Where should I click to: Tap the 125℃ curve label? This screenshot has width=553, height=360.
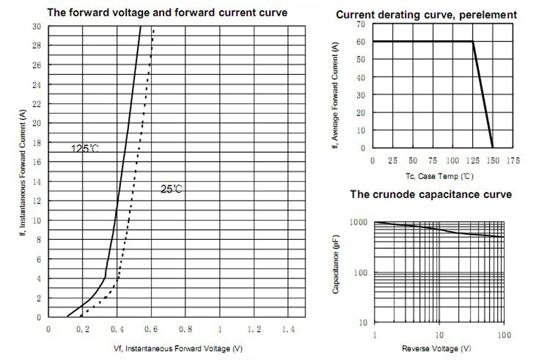click(x=84, y=149)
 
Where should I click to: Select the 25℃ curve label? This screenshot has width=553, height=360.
click(x=171, y=190)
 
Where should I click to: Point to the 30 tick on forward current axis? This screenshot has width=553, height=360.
click(x=37, y=26)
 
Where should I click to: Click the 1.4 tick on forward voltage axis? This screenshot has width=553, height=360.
click(x=288, y=329)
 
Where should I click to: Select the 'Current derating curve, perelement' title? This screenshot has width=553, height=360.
click(x=426, y=15)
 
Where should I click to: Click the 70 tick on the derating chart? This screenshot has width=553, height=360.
click(x=361, y=24)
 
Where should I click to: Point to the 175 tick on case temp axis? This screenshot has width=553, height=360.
click(x=513, y=160)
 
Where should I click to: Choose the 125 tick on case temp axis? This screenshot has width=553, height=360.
click(x=473, y=160)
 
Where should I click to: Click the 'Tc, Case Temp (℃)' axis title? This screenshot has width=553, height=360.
click(x=439, y=176)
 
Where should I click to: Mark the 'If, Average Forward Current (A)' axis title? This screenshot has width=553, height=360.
click(x=335, y=95)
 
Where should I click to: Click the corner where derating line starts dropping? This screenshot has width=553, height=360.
click(x=473, y=42)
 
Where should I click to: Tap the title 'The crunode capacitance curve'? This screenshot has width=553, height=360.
click(x=431, y=194)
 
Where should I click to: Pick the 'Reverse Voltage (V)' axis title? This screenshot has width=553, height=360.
click(x=437, y=348)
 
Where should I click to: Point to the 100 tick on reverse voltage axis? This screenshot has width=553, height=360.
click(x=504, y=335)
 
